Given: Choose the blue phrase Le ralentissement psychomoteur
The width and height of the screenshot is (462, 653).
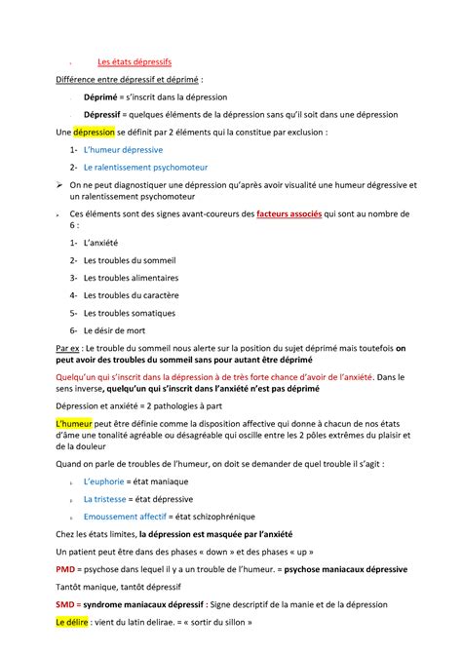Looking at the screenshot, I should coord(145,167).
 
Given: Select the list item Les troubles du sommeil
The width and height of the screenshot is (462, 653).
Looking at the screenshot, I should coord(129,259).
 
